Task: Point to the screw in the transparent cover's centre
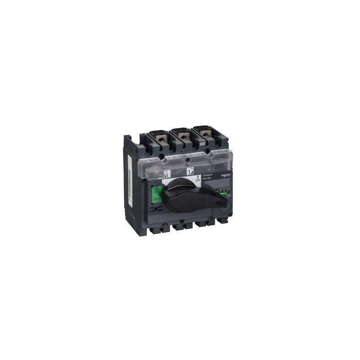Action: [185, 158]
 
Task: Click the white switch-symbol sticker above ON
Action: [189, 170]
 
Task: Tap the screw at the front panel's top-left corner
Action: [143, 180]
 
